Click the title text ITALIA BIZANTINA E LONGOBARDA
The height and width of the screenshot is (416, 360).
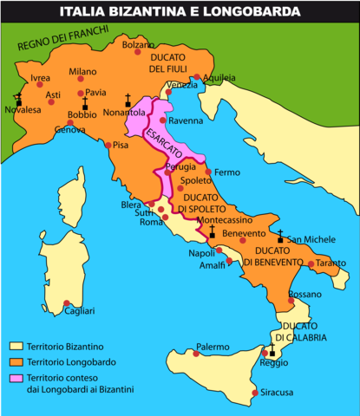180,11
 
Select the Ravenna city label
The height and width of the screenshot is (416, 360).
184,120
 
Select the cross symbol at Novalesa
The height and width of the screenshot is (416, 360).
17,100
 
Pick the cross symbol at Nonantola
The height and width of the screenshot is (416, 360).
128,101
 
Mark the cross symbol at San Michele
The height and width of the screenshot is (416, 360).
280,237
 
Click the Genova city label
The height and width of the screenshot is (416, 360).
70,130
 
